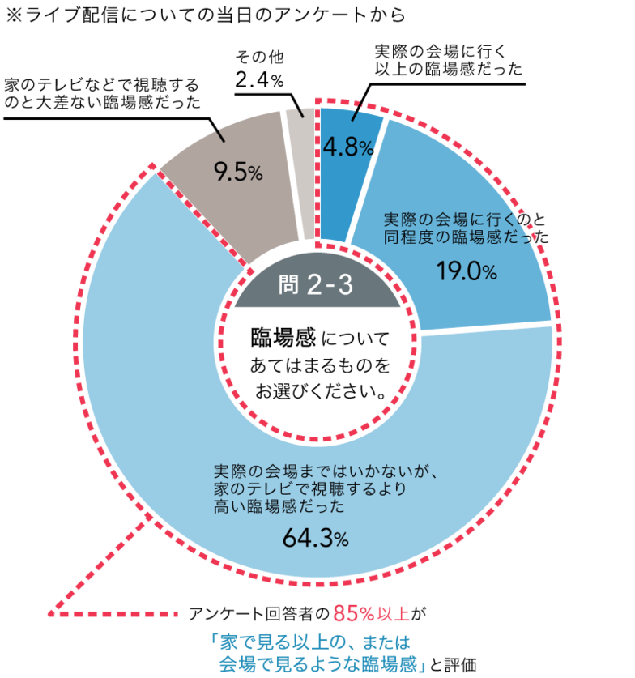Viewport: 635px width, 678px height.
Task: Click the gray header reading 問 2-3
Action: [x=316, y=285]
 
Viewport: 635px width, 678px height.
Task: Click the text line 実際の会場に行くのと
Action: [x=466, y=220]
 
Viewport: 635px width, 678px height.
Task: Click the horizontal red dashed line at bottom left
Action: [x=113, y=614]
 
